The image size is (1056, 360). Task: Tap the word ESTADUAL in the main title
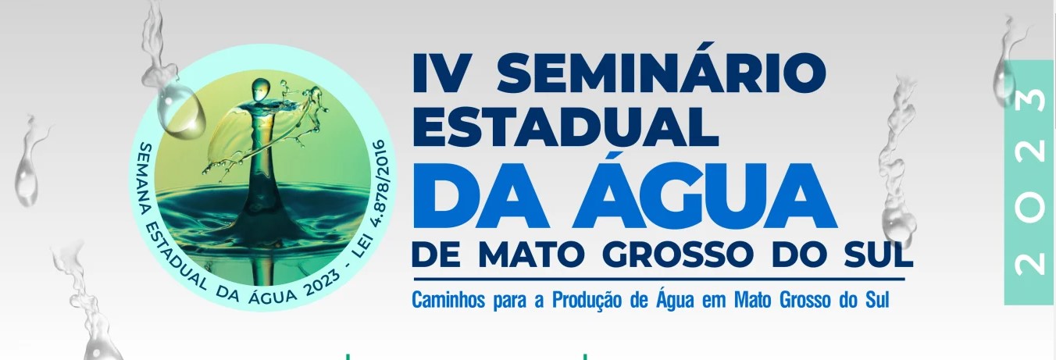565,126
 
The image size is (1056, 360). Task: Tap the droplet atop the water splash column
260,90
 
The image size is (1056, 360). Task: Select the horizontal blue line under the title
659,279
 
